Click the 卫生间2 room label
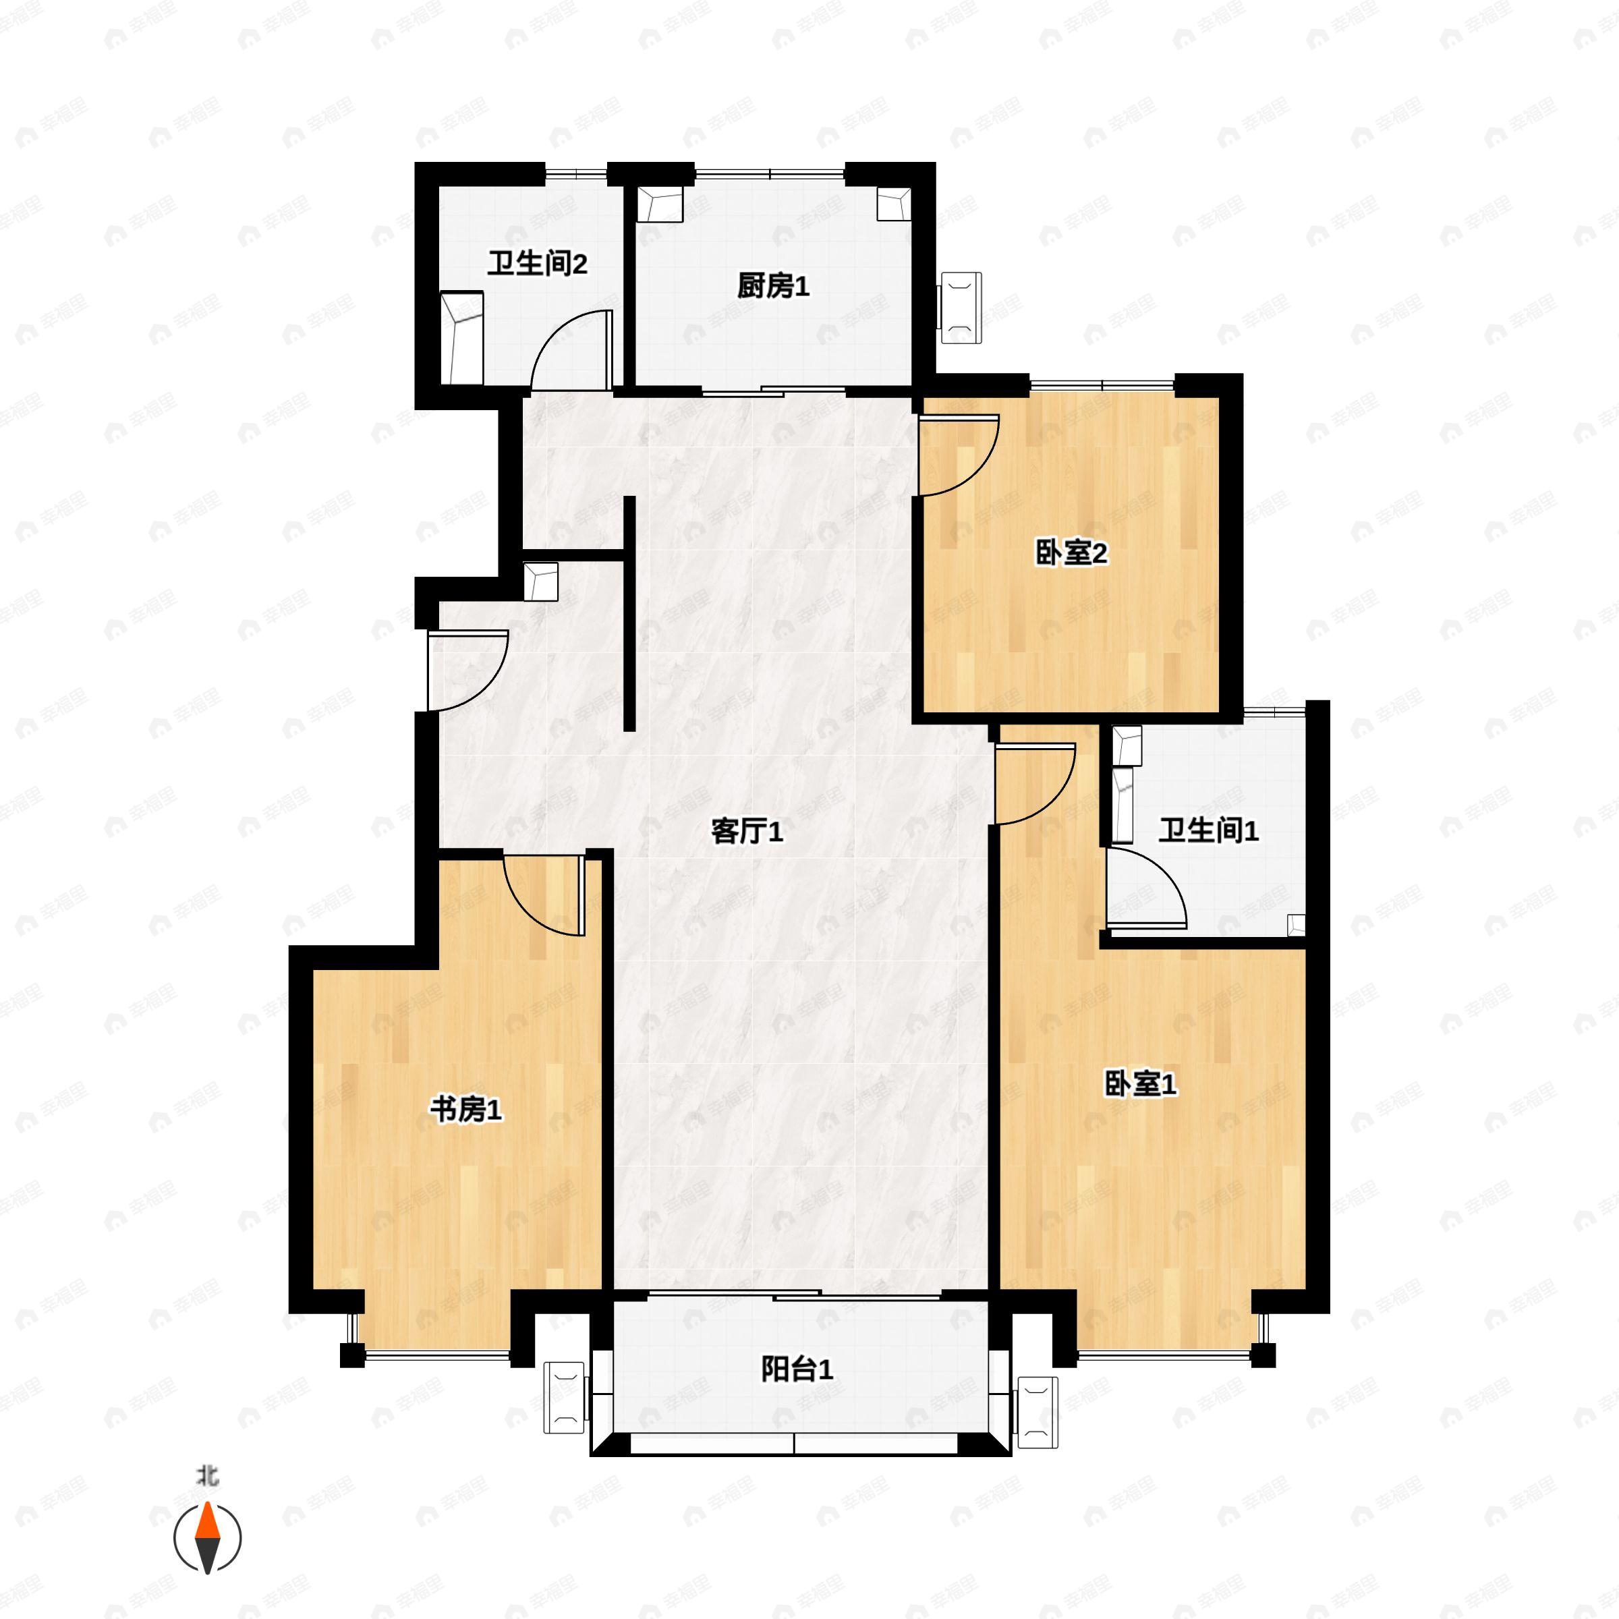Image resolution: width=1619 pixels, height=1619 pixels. (537, 265)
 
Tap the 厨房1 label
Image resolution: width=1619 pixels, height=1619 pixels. (772, 287)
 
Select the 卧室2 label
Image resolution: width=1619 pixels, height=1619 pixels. (1072, 553)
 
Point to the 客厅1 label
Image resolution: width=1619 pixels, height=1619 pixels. (747, 832)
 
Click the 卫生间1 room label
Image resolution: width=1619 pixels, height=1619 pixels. (1208, 831)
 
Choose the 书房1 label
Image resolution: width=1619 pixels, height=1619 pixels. (466, 1110)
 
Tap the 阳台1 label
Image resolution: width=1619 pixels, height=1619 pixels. (797, 1369)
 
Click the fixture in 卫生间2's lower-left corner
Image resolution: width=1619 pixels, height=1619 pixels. (461, 337)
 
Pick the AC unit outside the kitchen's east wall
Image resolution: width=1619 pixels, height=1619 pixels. (961, 308)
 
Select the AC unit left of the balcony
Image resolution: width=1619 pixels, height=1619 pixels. (564, 1397)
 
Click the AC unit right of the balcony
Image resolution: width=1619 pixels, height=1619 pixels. (1037, 1412)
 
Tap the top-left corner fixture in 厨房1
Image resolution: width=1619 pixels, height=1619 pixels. (660, 204)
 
